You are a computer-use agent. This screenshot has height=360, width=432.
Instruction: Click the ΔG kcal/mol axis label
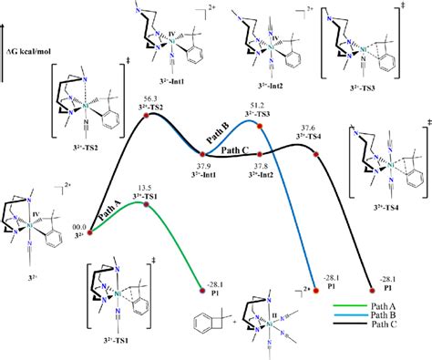click(32, 69)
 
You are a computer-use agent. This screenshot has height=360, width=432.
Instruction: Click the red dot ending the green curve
click(202, 293)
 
